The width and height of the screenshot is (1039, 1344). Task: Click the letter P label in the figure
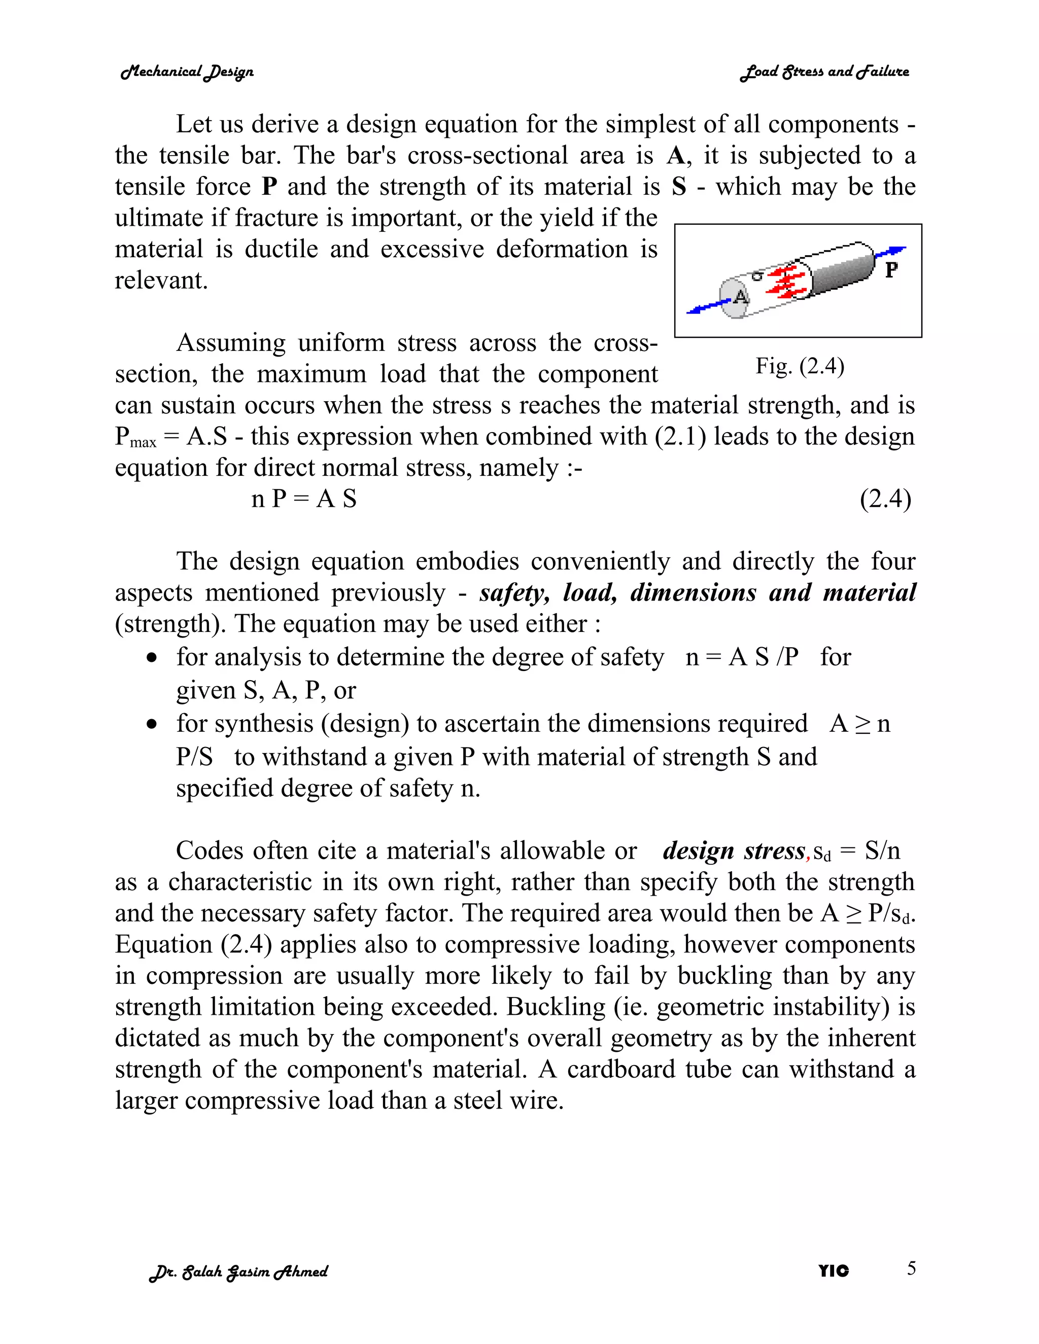pos(891,269)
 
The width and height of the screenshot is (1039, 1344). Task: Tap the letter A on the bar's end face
pos(741,297)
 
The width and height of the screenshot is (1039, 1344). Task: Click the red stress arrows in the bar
pos(785,282)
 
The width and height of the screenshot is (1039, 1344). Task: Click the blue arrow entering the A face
pos(708,306)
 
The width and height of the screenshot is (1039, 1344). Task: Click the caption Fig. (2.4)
pos(800,366)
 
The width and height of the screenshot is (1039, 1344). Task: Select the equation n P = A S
pos(304,499)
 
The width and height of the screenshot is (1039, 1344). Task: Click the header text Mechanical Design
pos(187,72)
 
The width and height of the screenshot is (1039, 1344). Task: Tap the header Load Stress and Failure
pos(824,72)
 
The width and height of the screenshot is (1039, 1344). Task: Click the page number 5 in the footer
pos(911,1268)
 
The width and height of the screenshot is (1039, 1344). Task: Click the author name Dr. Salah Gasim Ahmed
pos(239,1271)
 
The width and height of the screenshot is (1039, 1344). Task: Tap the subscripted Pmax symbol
pos(136,438)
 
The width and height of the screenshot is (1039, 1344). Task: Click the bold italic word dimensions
pos(693,592)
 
